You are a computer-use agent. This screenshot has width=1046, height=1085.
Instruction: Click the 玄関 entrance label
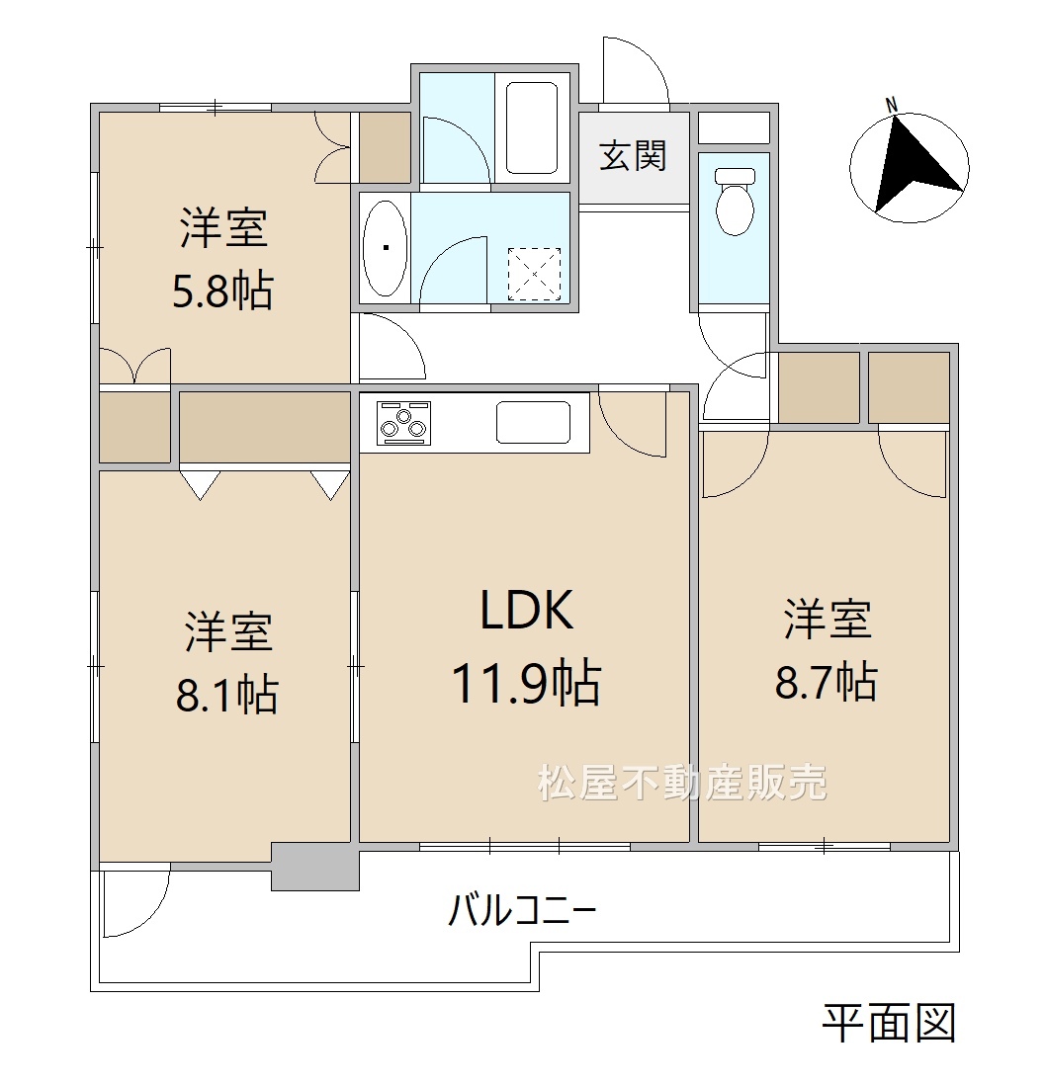pos(633,156)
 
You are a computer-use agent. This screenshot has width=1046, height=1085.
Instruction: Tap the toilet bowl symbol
pos(735,200)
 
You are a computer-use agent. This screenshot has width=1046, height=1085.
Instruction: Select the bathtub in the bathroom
pos(532,128)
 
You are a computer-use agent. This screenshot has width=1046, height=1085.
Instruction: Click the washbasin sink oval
pos(385,248)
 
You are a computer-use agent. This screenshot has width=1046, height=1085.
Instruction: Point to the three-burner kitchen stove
pos(403,423)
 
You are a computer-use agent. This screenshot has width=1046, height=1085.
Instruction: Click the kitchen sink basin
pos(534,423)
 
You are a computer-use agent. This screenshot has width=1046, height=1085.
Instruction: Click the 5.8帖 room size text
pos(222,292)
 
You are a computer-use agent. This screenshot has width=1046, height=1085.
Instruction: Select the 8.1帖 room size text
pos(227,696)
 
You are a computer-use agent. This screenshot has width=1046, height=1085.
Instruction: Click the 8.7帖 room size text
pos(826,682)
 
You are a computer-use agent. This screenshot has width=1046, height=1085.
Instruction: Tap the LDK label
pos(528,611)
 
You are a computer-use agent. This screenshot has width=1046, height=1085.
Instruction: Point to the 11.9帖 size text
pos(526,684)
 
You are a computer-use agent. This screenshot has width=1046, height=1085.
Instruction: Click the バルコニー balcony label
pos(523,911)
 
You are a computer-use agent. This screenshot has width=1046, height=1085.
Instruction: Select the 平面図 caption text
pos(890,1024)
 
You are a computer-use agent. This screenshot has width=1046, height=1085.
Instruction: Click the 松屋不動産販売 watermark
pos(682,784)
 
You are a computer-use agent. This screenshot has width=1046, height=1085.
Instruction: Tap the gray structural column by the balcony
pos(315,867)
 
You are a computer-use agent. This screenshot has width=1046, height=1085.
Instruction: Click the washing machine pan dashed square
pos(534,274)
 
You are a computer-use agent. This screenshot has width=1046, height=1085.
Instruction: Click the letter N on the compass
pos(892,106)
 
